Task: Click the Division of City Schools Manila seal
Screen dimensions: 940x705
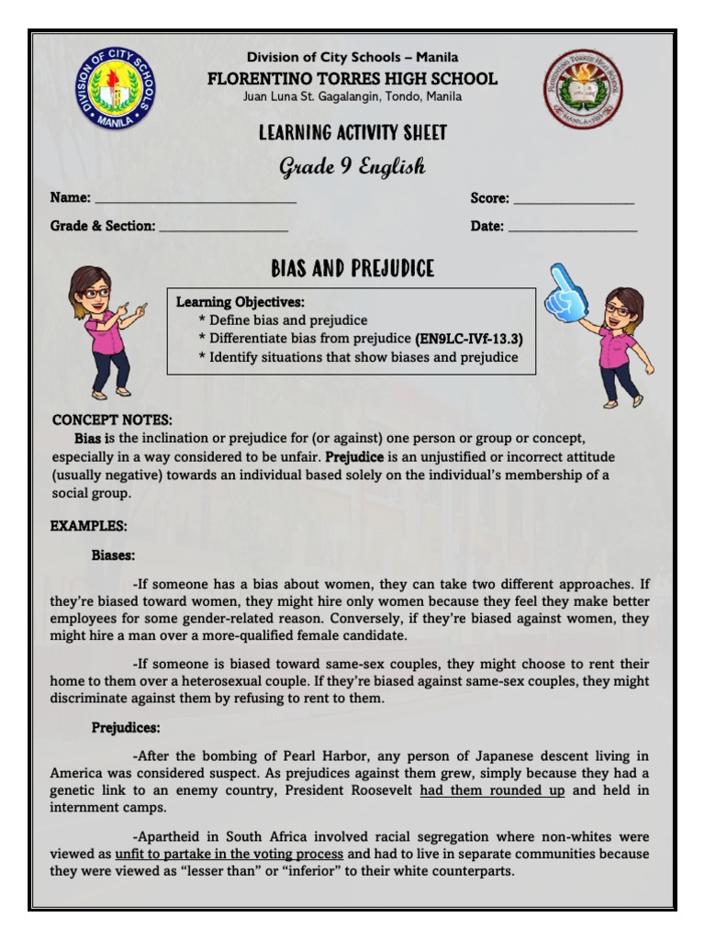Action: coord(115,89)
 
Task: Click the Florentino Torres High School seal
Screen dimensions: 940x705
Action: coord(581,89)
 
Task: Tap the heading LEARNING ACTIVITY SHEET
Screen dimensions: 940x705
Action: coord(352,133)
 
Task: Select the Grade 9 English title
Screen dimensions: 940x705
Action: coord(352,166)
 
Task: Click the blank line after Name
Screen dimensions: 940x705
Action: coord(196,198)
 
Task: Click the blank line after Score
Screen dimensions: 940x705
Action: coord(573,198)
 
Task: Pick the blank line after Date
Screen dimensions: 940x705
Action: coord(572,227)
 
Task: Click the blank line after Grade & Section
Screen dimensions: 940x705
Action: coord(224,227)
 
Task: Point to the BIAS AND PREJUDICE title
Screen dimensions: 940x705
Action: coord(352,269)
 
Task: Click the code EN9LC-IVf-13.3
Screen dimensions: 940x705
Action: coord(469,339)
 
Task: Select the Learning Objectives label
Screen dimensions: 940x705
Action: coord(240,302)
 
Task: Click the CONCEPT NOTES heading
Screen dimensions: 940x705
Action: coord(112,420)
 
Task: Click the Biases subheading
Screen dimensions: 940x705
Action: coord(113,554)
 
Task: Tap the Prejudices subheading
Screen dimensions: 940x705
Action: coord(126,728)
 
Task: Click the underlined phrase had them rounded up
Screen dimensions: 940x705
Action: coord(491,790)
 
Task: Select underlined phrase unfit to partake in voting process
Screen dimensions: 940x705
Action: coord(229,854)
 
